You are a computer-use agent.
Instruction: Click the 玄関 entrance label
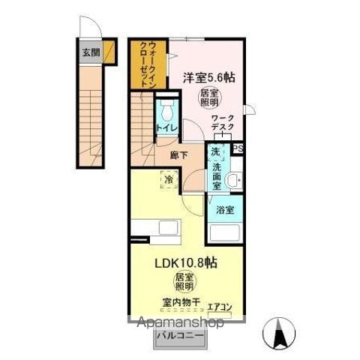tap(90, 52)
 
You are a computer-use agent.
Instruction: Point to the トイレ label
tap(166, 128)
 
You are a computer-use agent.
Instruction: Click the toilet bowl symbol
tap(166, 111)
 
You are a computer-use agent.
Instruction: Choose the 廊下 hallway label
tap(178, 156)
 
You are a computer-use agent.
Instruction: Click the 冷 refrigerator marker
tap(169, 179)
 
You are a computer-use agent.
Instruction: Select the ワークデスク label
tap(222, 123)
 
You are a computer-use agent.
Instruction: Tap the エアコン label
tap(220, 306)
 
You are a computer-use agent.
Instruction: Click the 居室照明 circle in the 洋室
tap(209, 97)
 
